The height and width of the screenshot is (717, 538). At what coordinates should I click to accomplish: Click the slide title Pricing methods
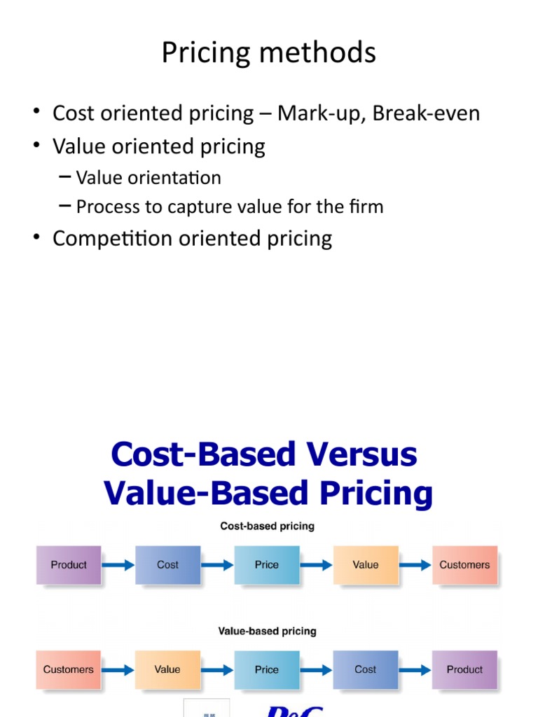(x=268, y=53)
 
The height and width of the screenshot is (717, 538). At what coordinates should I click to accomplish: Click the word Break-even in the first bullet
(x=426, y=113)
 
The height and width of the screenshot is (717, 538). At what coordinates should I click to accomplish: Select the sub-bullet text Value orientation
(x=149, y=178)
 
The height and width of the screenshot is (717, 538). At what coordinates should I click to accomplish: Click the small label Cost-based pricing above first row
(x=268, y=526)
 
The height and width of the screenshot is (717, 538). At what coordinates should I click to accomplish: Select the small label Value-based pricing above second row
(x=268, y=631)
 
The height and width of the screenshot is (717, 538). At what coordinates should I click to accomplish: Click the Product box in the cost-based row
(x=69, y=565)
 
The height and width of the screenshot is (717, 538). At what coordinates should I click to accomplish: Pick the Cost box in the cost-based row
(x=167, y=565)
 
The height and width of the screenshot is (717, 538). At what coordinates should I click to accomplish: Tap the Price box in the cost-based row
(x=267, y=565)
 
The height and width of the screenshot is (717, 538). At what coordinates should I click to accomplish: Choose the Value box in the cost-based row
(x=366, y=565)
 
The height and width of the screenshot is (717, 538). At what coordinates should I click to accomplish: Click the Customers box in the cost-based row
(x=464, y=565)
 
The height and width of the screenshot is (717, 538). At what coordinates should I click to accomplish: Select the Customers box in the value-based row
(x=69, y=669)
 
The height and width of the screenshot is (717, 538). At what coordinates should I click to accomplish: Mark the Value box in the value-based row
(x=167, y=669)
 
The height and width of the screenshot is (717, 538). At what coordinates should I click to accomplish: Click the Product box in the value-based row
(x=464, y=669)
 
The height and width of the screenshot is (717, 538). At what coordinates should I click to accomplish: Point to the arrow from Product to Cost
(x=118, y=565)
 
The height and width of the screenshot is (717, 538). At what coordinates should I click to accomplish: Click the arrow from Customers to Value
(x=118, y=669)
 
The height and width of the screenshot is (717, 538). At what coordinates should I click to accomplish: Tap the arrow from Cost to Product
(x=415, y=669)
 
